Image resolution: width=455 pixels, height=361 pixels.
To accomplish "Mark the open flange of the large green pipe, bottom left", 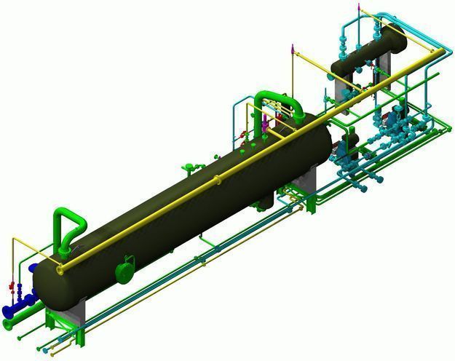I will (x=8, y=325).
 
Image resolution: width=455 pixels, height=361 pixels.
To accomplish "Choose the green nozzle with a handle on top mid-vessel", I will (x=190, y=168).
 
